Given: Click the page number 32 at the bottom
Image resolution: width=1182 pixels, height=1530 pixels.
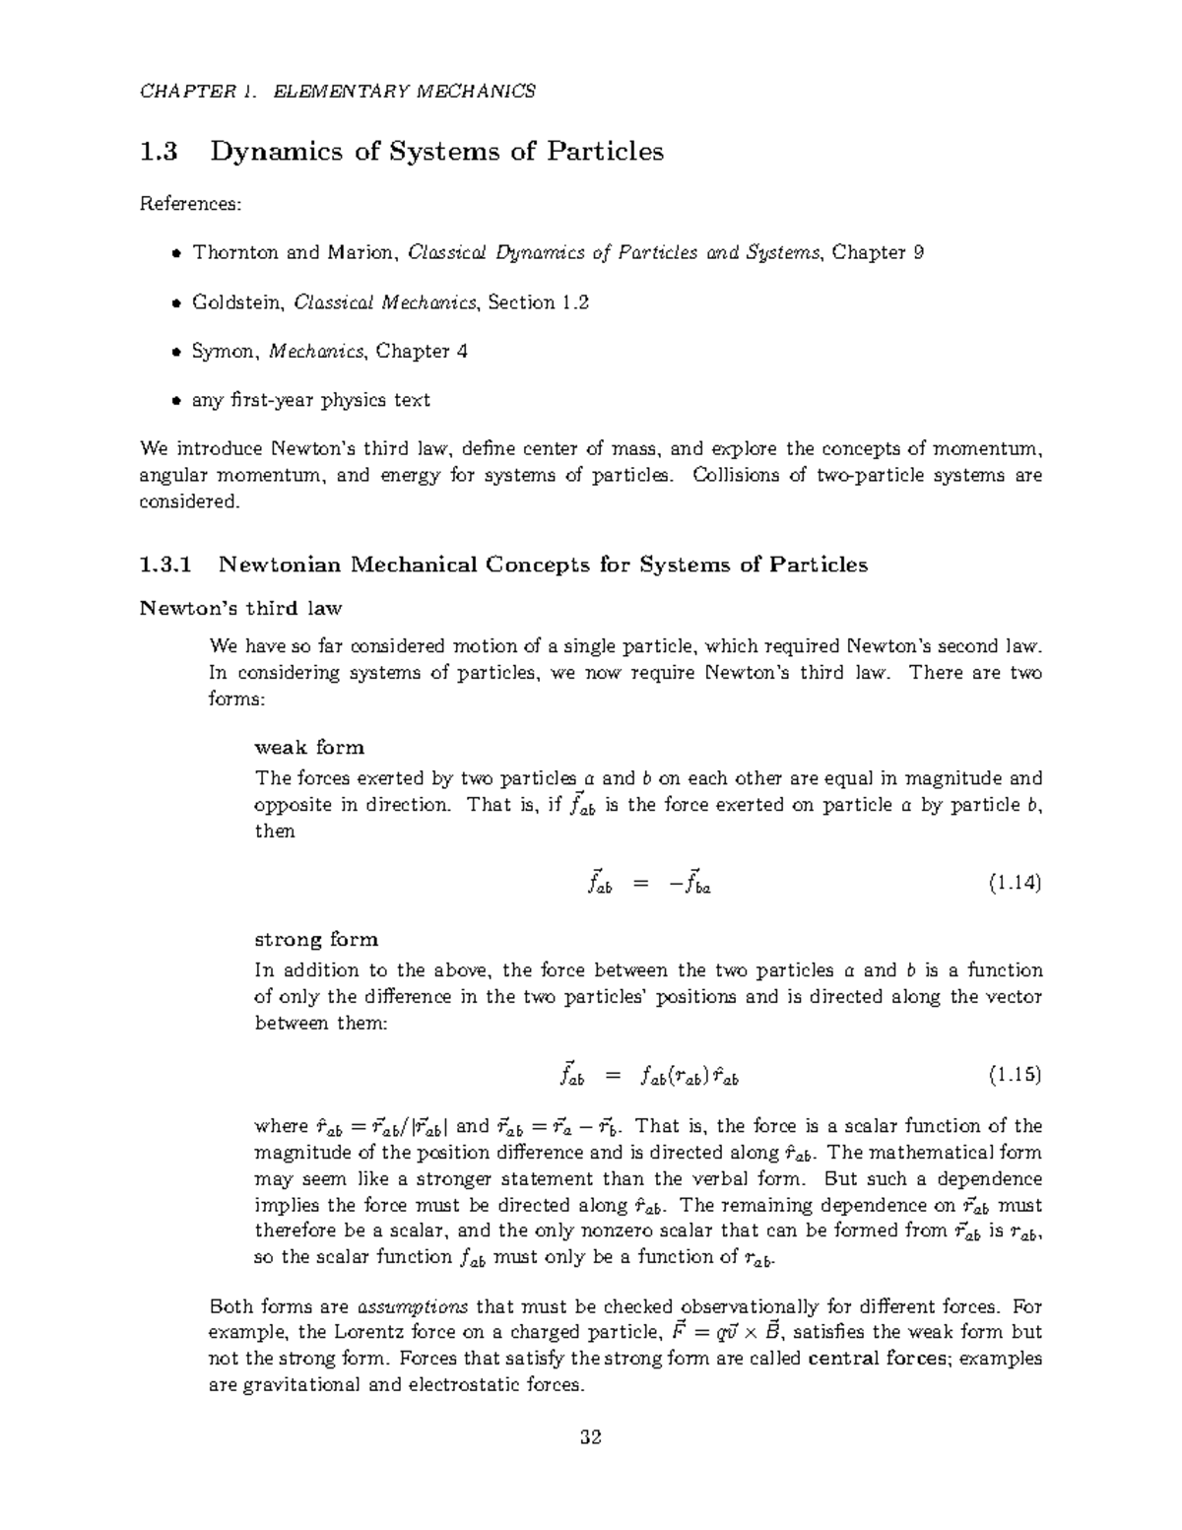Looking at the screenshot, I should pos(591,1436).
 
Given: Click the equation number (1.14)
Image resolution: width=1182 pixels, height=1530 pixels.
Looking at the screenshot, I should pos(1015,883).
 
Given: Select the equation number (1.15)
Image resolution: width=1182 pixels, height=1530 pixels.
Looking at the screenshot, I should pos(1015,1075).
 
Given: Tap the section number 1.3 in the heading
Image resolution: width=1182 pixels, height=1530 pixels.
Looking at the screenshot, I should pos(159,152).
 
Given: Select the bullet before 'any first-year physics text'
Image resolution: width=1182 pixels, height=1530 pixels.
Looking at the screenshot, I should pos(175,401).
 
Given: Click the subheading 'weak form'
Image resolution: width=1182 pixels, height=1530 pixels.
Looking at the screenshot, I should pos(309,747).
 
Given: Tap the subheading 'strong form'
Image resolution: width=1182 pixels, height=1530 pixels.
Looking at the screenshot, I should pos(316,939).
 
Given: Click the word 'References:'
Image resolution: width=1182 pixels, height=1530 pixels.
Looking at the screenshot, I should pos(190,204).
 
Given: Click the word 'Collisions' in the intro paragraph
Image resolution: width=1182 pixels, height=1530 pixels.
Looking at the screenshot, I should pos(735,475).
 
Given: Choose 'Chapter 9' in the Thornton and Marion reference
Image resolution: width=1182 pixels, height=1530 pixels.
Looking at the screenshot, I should pos(878,252).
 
